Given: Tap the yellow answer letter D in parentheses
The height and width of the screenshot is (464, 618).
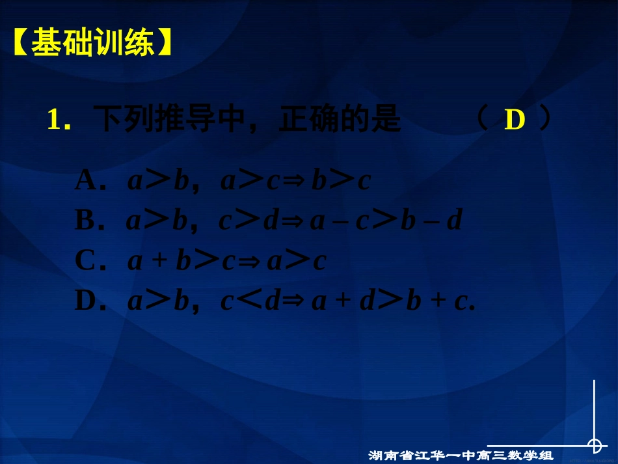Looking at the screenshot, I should [x=515, y=120].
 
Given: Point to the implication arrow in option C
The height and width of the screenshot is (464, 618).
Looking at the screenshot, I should [x=254, y=262].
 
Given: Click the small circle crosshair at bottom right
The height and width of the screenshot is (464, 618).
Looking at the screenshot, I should [x=595, y=446].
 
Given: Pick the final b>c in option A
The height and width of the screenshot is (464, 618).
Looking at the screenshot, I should [x=341, y=181].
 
